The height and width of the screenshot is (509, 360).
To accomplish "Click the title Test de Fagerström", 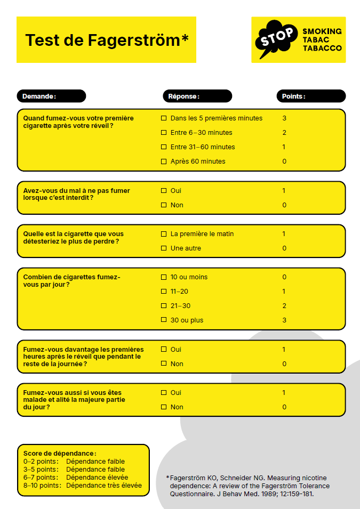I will tap(107, 40).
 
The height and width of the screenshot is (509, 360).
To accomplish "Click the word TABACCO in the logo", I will tap(322, 49).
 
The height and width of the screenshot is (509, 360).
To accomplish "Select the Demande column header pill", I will tap(51, 96).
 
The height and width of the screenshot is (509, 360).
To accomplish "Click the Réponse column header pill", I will tap(197, 96).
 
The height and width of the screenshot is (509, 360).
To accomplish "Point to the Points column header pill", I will tap(311, 96).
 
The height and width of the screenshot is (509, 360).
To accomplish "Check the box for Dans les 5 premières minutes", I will tap(164, 118).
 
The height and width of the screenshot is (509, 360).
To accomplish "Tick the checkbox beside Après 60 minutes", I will tap(164, 161).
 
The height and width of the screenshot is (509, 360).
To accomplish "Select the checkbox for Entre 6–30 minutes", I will tap(164, 133).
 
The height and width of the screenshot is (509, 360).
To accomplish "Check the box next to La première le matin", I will tap(164, 234).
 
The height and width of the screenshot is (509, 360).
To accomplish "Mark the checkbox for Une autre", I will tap(164, 248).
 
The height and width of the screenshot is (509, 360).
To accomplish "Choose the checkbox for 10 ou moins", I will tap(164, 277).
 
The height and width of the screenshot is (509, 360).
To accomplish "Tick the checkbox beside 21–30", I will tap(164, 306).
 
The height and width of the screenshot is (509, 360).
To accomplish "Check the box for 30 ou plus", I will tap(164, 320).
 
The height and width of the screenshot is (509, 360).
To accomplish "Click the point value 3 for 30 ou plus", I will tap(284, 320).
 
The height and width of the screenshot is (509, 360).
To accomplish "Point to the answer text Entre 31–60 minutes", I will tap(203, 147).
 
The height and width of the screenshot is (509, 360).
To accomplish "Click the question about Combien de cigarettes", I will tap(71, 281).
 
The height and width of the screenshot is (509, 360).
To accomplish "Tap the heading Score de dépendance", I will tap(60, 453).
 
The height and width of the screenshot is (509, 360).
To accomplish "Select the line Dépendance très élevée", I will tap(104, 486).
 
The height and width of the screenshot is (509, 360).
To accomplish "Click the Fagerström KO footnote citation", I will tap(248, 486).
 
